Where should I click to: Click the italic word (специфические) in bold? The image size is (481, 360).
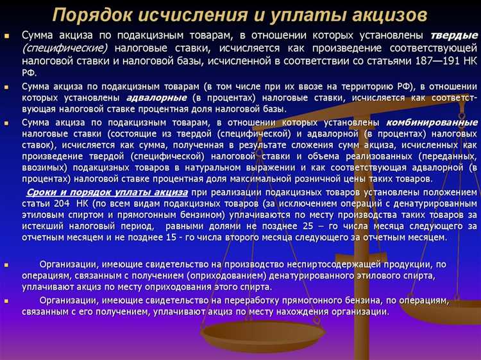click(65, 48)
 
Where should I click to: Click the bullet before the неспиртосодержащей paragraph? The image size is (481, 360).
click(6, 264)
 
